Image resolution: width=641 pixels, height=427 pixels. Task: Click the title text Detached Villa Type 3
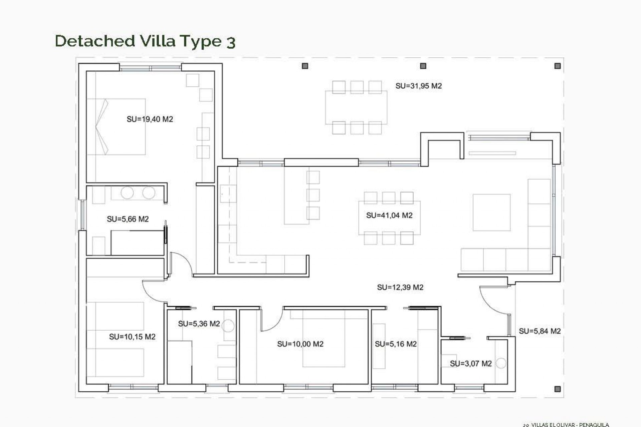point(145,41)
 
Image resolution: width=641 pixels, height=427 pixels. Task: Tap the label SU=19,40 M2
point(150,119)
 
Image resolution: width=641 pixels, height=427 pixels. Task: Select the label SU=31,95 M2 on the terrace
point(418,86)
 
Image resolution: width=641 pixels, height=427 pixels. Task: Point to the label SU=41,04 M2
point(389,215)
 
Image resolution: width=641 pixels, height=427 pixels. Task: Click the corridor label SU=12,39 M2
point(400,287)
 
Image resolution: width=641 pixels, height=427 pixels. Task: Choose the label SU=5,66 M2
point(128,219)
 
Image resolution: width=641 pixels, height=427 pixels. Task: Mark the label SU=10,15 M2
point(132,337)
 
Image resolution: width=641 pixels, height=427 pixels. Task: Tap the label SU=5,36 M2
point(199,324)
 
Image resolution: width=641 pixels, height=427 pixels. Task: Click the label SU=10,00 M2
point(300,344)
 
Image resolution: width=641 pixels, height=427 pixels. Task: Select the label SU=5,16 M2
point(396,344)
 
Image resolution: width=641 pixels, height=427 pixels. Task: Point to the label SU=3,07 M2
point(471,364)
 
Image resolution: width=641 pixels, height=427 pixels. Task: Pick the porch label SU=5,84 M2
point(540,331)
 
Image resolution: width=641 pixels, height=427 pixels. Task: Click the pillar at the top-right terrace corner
point(558,66)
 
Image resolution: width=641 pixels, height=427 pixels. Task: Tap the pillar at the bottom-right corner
point(557,389)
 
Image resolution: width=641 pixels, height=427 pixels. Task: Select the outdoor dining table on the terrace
point(356,107)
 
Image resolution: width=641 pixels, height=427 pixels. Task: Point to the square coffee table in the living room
point(491,212)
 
